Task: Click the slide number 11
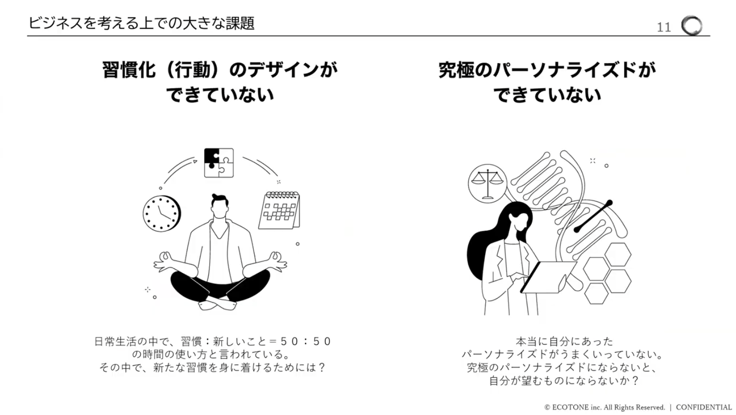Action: tap(663, 27)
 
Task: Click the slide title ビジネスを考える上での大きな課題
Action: tap(141, 23)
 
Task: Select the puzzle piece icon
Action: tap(219, 162)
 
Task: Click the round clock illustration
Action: tap(162, 214)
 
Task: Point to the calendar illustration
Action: tap(279, 210)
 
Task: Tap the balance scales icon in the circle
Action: tap(487, 183)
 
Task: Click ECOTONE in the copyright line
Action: tap(570, 407)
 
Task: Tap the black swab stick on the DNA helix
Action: tap(593, 216)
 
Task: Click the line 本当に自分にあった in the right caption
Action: tap(565, 342)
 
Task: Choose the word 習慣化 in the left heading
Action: tap(128, 70)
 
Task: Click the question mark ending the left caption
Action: tap(322, 367)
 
